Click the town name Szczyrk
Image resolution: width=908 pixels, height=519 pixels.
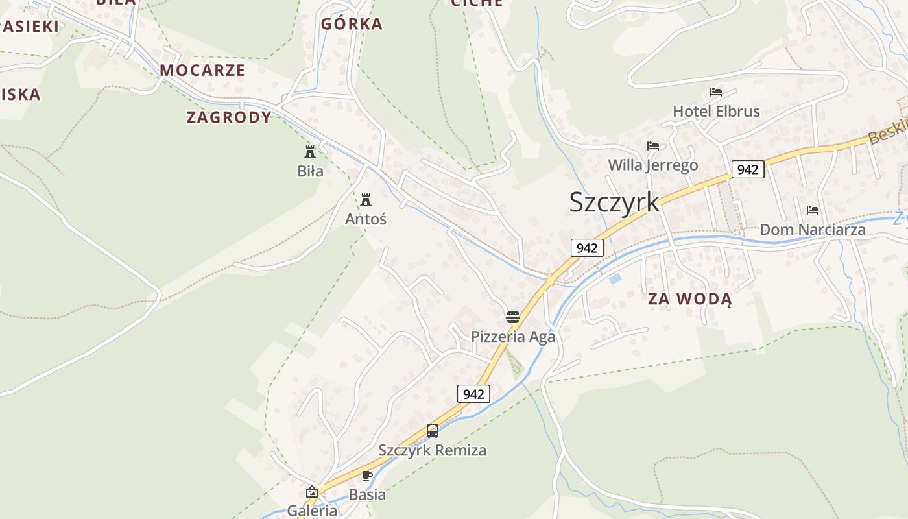(614, 202)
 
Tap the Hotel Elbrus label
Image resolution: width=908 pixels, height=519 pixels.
(716, 112)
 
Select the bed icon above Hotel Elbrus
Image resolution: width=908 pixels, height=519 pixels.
(716, 92)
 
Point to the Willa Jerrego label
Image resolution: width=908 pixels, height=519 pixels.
(652, 165)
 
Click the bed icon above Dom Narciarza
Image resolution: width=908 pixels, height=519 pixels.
(812, 210)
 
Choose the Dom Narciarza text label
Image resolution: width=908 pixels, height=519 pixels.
(812, 230)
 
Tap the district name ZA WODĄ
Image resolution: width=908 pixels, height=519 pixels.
(689, 299)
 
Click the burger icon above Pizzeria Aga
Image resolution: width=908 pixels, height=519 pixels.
(513, 317)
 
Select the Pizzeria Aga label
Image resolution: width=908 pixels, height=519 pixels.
(513, 337)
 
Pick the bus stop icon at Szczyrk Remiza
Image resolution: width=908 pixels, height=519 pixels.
(433, 430)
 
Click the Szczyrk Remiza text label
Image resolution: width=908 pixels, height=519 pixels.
(433, 450)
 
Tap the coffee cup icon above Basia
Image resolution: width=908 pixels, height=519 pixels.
(367, 476)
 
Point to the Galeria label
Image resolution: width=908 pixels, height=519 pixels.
(312, 511)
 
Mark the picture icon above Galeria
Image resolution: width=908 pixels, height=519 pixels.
(312, 492)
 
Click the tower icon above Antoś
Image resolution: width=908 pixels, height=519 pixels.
(366, 199)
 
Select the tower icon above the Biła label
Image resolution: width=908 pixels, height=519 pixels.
(310, 152)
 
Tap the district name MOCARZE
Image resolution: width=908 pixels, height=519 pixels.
(202, 70)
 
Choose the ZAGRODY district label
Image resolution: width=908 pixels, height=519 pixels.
(229, 117)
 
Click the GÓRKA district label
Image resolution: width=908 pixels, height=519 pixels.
(352, 24)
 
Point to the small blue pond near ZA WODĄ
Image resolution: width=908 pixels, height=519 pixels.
(615, 279)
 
